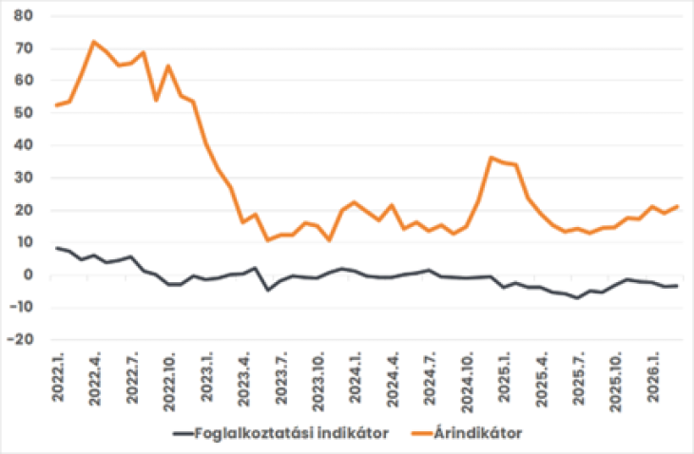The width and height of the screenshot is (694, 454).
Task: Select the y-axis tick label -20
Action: click(x=21, y=339)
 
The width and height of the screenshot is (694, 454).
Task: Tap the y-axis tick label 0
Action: click(x=29, y=274)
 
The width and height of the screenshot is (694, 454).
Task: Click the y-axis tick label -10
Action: click(x=21, y=307)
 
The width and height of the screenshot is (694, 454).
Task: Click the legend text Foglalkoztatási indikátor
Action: click(x=292, y=433)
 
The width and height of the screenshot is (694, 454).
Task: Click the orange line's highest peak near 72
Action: click(x=93, y=42)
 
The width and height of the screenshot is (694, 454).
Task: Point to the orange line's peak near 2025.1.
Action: click(x=492, y=158)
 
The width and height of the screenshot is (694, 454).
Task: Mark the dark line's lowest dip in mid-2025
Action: click(x=576, y=298)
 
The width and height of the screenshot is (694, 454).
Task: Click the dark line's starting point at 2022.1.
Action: click(x=56, y=248)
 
